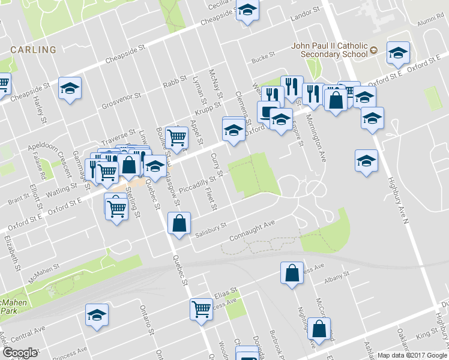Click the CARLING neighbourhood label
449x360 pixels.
33,50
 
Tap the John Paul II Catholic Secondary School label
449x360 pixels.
329,50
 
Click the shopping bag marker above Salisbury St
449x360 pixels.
179,224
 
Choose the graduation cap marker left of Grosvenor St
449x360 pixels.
70,89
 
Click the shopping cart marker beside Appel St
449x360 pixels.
177,137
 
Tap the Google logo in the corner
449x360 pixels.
20,353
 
